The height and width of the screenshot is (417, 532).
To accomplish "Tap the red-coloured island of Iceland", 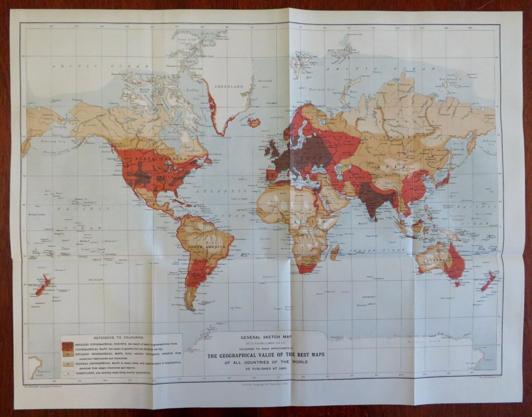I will (253, 123).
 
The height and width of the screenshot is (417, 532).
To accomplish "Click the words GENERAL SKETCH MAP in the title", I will (263, 337).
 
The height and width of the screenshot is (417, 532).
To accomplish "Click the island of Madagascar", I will (335, 250).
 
